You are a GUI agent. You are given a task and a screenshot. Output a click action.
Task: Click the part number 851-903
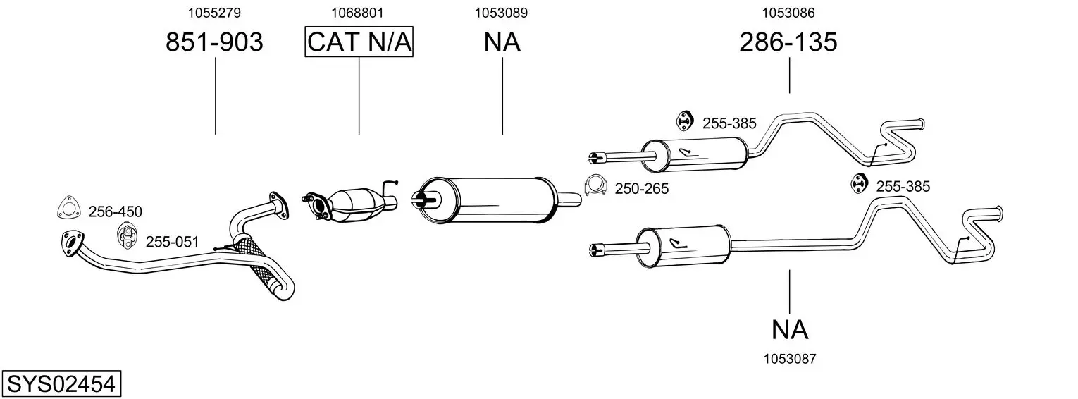(214, 42)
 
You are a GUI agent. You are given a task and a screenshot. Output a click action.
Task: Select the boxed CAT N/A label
(359, 42)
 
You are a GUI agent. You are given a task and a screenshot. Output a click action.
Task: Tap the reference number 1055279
(214, 13)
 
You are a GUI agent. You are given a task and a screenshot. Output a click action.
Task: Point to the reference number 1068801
(357, 13)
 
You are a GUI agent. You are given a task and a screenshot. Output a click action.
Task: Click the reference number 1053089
(501, 13)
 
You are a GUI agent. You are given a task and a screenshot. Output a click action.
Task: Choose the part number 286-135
(788, 42)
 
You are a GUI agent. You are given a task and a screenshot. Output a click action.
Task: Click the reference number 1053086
(788, 13)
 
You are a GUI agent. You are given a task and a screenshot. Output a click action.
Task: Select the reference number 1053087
(790, 359)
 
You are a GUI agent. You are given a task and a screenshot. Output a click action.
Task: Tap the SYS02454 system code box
(61, 384)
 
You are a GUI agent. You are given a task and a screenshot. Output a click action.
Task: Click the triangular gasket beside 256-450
(69, 207)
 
